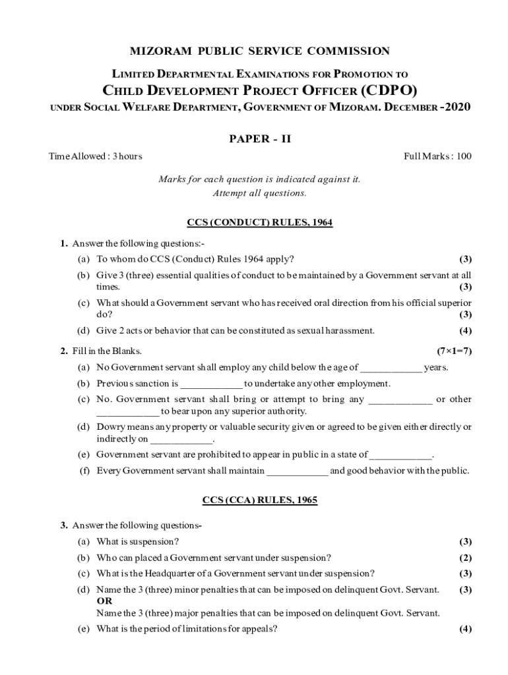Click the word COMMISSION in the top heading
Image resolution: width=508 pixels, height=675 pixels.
coord(350,51)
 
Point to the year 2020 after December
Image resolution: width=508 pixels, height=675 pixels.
coord(455,107)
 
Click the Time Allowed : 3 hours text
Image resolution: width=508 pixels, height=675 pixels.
coord(96,156)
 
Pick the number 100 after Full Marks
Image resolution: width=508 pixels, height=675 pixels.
coord(464,156)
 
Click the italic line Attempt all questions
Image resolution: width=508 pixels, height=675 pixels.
coord(259,193)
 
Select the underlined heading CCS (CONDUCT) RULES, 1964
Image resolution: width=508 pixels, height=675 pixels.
coord(259,223)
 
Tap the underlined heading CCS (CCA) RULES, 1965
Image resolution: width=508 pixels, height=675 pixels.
coord(259,500)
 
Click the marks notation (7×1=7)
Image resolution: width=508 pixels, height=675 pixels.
coord(454,351)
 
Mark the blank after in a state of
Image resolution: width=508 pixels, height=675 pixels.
coord(401,455)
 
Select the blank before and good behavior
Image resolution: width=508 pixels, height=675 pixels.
coord(297,471)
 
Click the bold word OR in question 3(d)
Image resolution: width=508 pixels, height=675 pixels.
coord(104,601)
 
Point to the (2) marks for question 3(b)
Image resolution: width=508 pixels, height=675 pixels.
coord(465,558)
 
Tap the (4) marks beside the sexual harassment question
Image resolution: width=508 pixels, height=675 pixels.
coord(465,331)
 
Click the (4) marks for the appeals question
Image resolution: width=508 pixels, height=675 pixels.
coord(465,629)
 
